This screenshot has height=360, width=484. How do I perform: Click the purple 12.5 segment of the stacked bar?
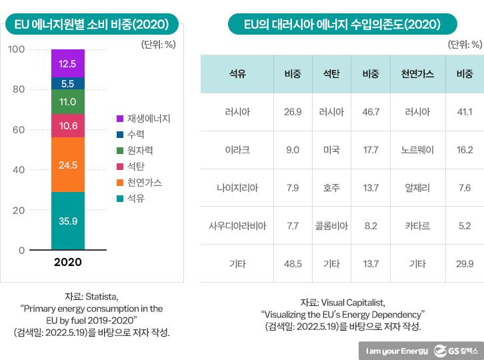coord(67,64)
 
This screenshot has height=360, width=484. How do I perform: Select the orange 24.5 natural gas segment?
coord(67,165)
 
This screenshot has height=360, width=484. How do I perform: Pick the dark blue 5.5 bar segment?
coord(67,84)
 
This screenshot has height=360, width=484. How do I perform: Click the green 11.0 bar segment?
coord(67,102)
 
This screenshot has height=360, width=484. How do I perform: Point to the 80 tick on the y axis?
coord(17,89)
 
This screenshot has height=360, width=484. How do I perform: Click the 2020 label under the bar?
coord(67,262)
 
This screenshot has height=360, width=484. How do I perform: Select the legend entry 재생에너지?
coord(148,119)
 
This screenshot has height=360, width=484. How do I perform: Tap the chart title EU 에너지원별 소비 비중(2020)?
coord(91,25)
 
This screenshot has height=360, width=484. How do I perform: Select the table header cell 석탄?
coord(331,74)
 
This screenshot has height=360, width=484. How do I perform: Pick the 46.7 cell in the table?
coord(370,112)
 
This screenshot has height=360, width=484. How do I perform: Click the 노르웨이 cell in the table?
coord(417,150)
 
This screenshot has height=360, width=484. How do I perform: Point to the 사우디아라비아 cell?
coord(237,225)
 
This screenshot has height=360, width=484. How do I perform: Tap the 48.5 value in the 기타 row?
coord(293,263)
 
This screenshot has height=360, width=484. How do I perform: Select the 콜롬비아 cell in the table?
coord(331,225)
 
